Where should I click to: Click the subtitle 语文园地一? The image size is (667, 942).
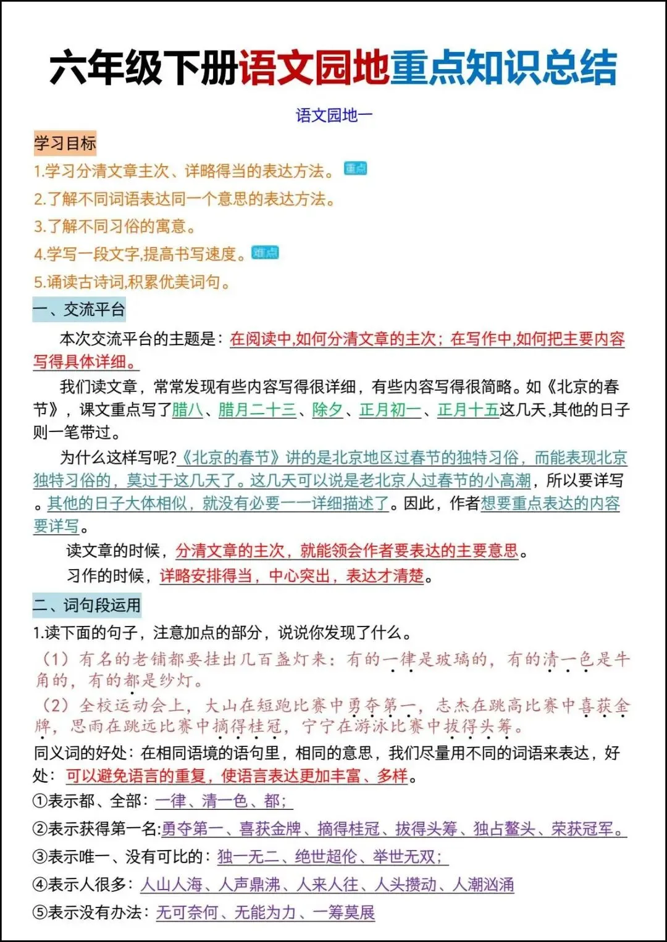coord(333,115)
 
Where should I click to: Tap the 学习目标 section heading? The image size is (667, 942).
coord(65,143)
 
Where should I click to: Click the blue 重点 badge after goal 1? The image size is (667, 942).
coord(355,169)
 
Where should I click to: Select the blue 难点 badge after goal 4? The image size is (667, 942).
coord(266,252)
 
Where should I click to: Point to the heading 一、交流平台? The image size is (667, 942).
coord(79,309)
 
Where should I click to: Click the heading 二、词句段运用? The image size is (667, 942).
coord(86,605)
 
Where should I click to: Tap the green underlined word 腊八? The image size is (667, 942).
coord(187,409)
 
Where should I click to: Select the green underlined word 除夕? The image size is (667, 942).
coord(327,409)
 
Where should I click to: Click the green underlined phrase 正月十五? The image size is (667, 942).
coord(468,409)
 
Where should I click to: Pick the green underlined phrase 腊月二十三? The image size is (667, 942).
coord(257,409)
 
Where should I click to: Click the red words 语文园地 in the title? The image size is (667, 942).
coord(314,67)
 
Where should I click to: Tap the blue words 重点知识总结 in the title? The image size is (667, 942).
coord(503,67)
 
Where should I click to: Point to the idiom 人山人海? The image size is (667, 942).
coord(172,885)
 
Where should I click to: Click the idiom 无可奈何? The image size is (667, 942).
coord(187,912)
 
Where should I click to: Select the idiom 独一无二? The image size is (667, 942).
coord(248,857)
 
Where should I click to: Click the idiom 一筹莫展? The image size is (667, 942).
coord(344,912)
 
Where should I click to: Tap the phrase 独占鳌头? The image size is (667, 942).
coord(504,829)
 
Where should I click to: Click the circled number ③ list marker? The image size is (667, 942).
coord(40,857)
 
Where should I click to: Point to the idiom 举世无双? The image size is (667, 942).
coord(406,857)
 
